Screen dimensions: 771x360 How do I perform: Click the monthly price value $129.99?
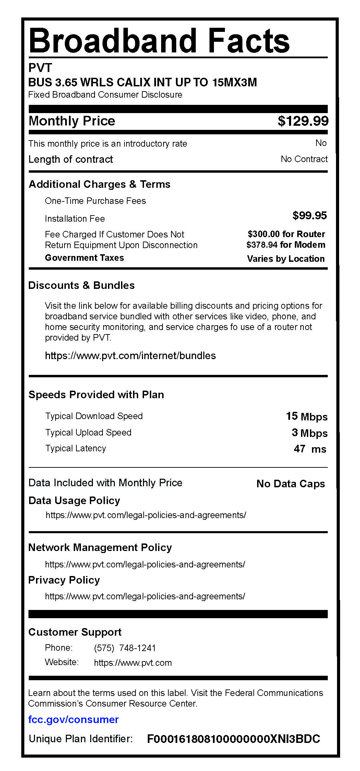tap(303, 121)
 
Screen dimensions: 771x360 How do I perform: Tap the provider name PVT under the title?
tap(40, 68)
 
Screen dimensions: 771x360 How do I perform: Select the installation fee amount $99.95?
tap(309, 216)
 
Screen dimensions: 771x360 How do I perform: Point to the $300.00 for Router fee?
tap(286, 234)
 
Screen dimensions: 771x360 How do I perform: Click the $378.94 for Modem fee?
tap(286, 245)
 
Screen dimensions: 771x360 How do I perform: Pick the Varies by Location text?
tap(286, 259)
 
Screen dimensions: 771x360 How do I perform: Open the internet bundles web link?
tap(130, 356)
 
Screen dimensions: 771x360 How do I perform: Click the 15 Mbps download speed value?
tap(307, 416)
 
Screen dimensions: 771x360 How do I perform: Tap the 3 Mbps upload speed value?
tap(309, 433)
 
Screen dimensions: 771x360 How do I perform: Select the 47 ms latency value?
tap(310, 449)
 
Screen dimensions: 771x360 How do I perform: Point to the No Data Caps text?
tap(290, 484)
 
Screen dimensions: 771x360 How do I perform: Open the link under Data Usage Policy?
tap(146, 515)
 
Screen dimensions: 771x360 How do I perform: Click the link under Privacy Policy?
tap(145, 596)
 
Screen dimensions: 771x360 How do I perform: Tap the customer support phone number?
tap(125, 648)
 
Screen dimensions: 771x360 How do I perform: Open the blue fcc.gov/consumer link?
tap(73, 719)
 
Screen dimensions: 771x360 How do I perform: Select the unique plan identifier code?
tap(233, 739)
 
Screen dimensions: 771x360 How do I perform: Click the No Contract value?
tap(304, 159)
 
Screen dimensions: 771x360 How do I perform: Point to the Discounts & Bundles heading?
tap(81, 285)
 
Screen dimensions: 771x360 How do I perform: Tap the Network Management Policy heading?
tap(100, 548)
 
